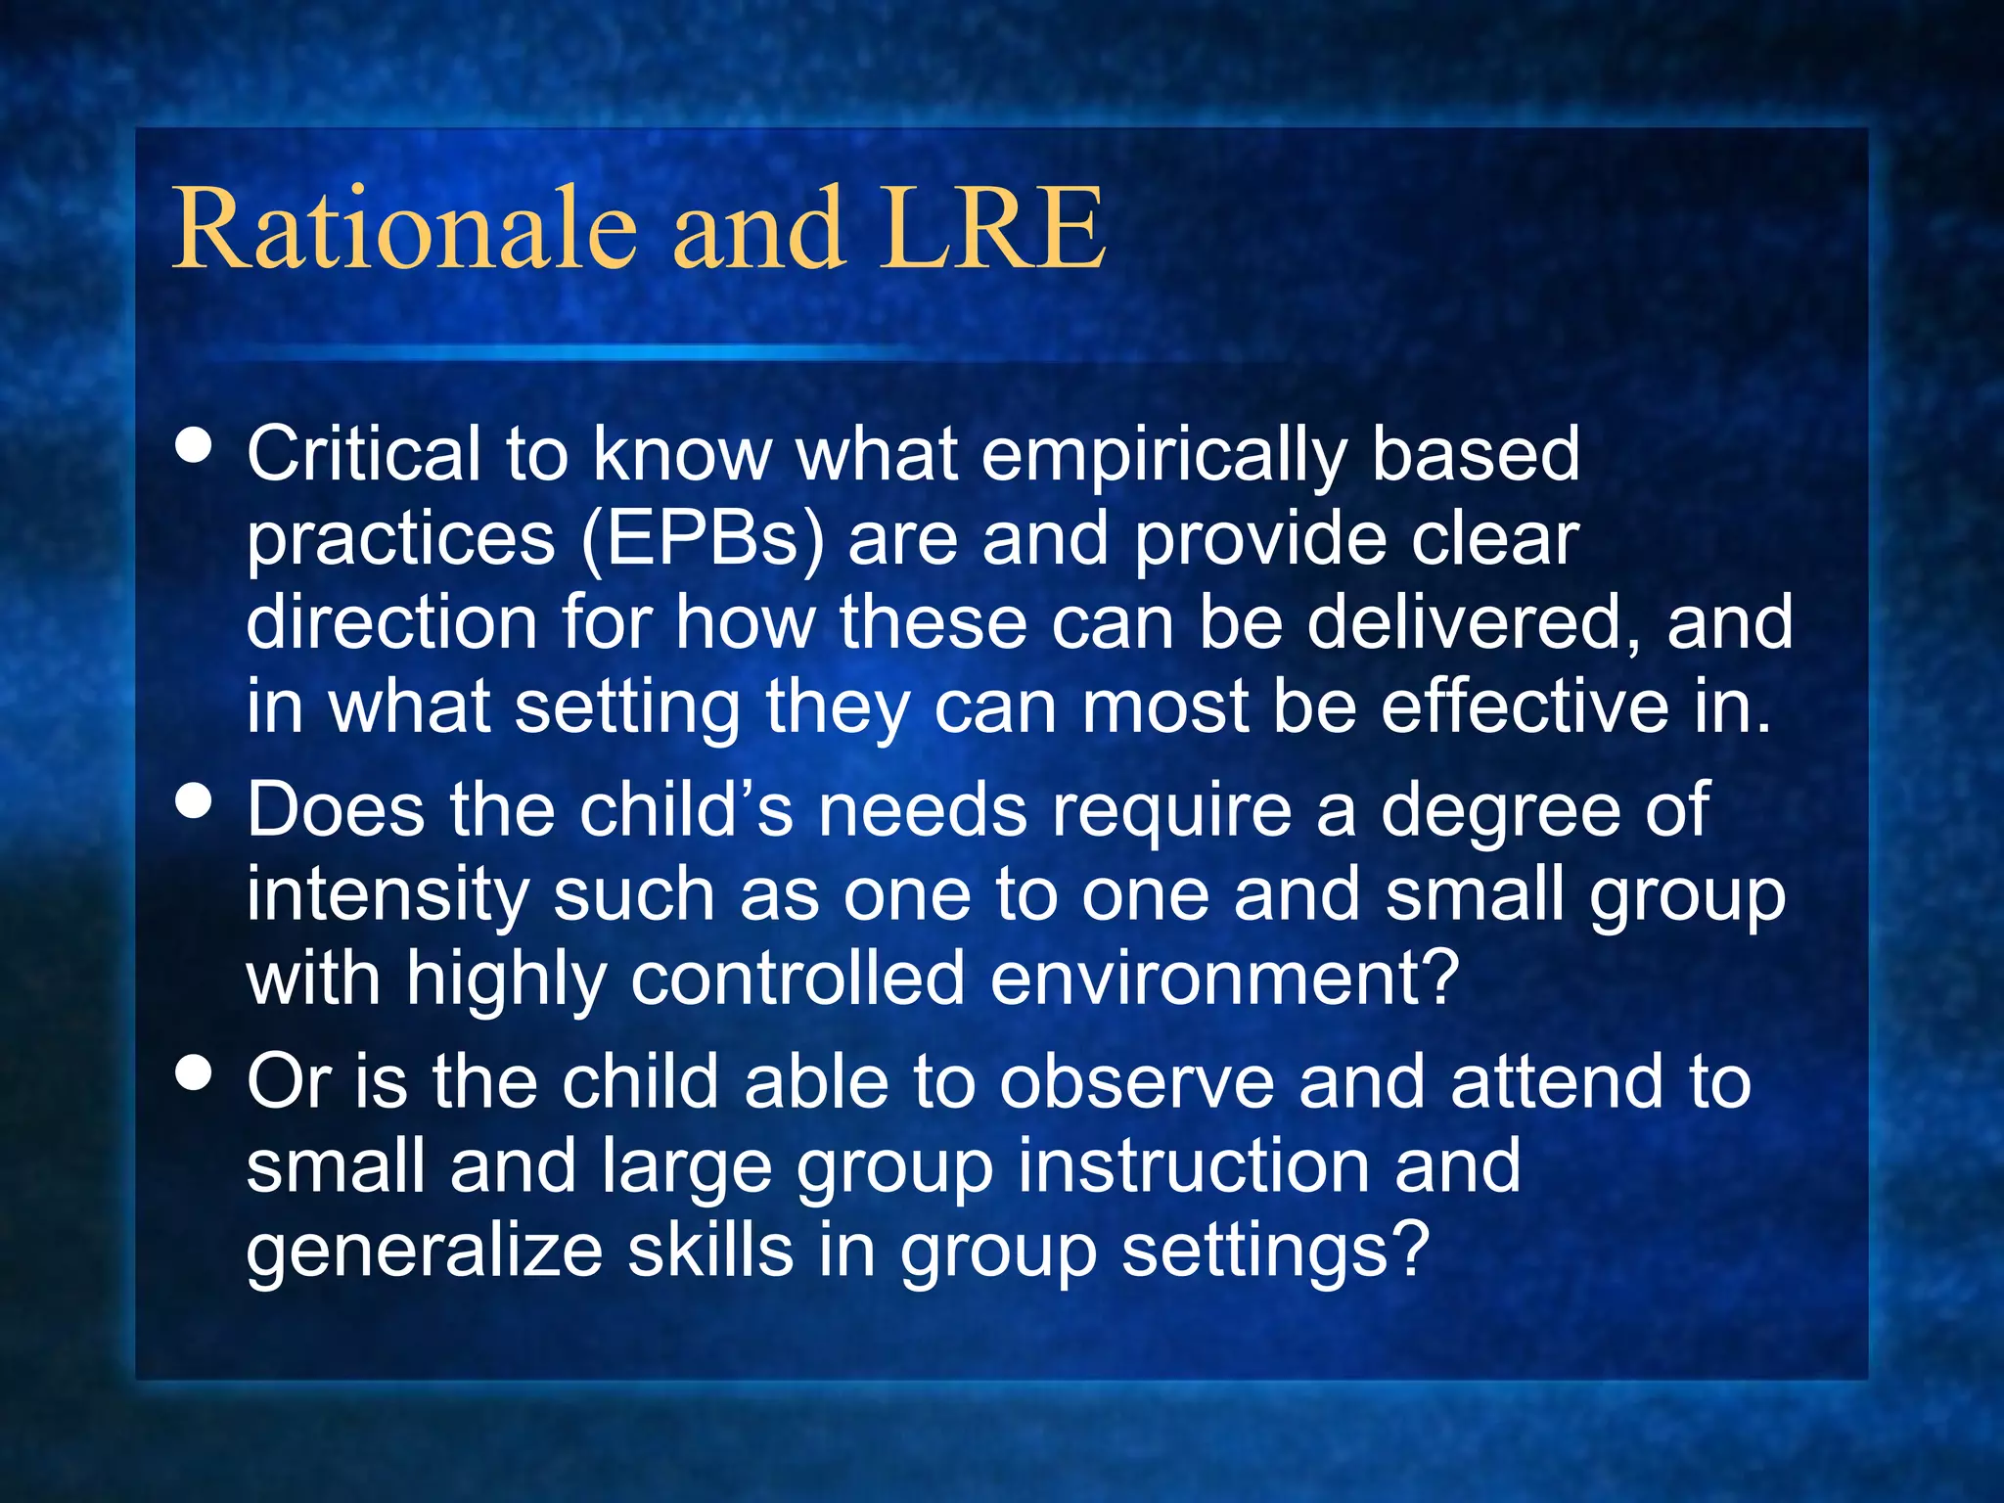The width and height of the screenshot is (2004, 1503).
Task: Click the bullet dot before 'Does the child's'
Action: (x=195, y=801)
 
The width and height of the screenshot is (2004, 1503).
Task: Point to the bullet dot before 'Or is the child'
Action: (x=195, y=1072)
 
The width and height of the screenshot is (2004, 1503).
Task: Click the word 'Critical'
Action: (x=363, y=455)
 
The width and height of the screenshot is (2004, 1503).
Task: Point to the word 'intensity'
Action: (x=387, y=895)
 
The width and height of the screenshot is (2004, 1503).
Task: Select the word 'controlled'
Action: (x=797, y=979)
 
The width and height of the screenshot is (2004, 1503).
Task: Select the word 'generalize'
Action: (x=424, y=1251)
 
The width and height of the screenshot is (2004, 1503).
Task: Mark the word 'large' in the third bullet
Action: (x=685, y=1166)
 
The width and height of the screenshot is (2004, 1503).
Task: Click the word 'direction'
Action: (x=391, y=622)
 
